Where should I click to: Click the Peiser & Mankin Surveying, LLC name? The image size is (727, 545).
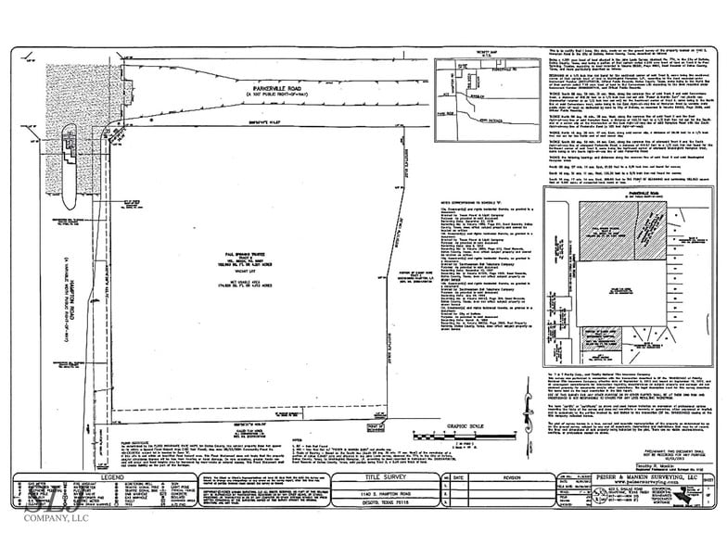pyautogui.click(x=626, y=478)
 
